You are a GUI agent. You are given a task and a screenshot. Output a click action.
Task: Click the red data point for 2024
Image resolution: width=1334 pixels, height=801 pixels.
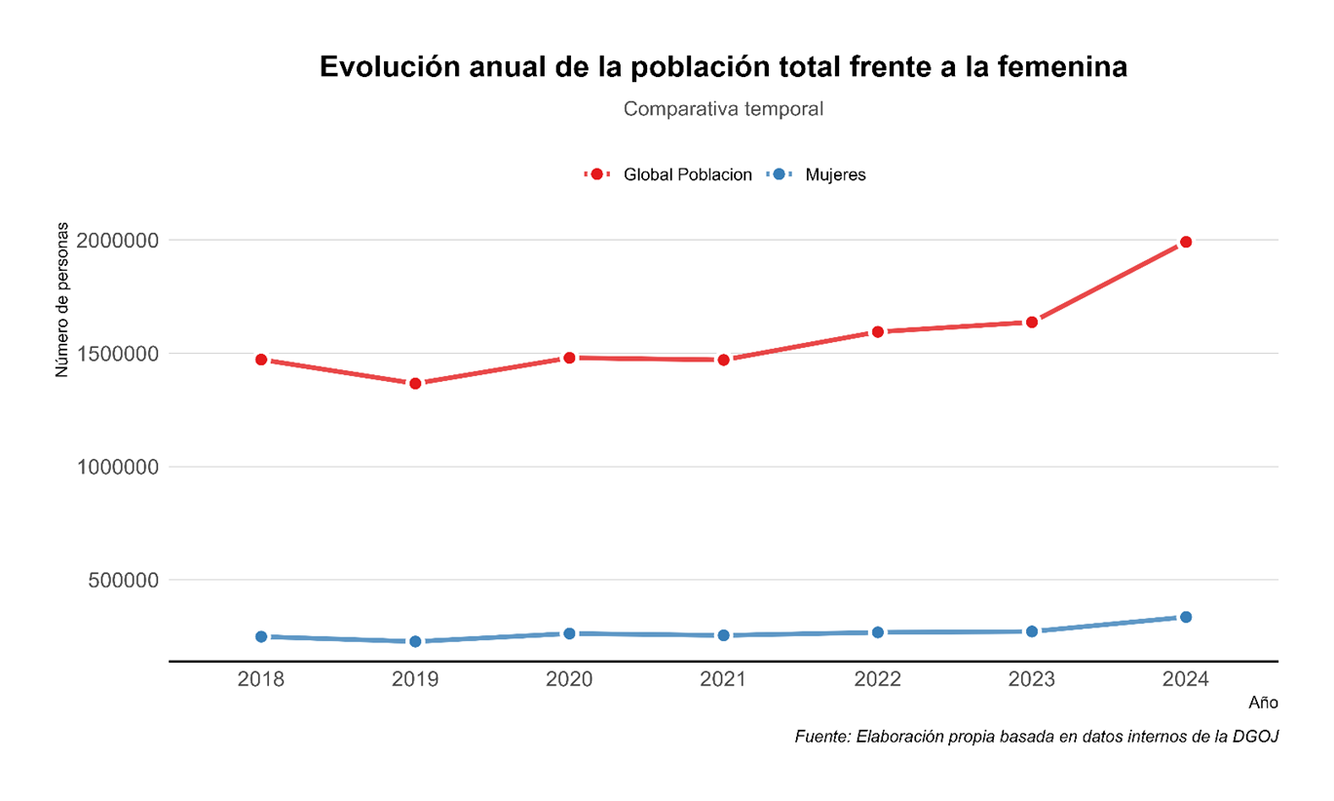click(x=1185, y=242)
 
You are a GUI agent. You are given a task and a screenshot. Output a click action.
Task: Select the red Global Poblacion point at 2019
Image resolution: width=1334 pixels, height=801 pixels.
click(x=415, y=383)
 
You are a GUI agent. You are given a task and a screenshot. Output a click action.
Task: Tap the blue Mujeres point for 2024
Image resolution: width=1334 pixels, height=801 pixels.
click(x=1185, y=617)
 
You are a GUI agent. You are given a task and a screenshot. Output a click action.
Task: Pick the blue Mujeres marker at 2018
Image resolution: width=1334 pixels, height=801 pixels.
click(x=261, y=636)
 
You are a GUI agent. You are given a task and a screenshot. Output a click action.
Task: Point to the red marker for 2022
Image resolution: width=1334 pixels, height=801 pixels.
click(x=877, y=331)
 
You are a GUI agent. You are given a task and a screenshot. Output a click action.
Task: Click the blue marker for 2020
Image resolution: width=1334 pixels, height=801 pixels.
click(x=569, y=633)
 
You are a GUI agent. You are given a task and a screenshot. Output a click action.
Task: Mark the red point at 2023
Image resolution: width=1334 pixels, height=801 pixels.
click(x=1031, y=322)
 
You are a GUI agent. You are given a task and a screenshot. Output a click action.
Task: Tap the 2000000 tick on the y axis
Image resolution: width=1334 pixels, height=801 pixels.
click(x=118, y=240)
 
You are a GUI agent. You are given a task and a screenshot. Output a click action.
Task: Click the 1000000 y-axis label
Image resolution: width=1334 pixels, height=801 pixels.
click(x=118, y=467)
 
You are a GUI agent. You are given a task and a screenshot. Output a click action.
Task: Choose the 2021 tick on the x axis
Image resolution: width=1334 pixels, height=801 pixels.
click(x=723, y=678)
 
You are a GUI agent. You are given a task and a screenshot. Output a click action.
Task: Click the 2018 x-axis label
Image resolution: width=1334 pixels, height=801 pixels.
click(x=261, y=678)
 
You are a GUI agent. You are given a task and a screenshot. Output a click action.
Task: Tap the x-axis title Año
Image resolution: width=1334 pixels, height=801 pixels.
click(x=1263, y=703)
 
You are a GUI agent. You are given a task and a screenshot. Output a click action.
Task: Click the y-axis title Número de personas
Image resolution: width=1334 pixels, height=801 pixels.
click(x=62, y=300)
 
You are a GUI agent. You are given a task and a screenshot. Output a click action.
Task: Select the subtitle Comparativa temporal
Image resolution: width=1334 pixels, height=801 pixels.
click(x=723, y=109)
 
